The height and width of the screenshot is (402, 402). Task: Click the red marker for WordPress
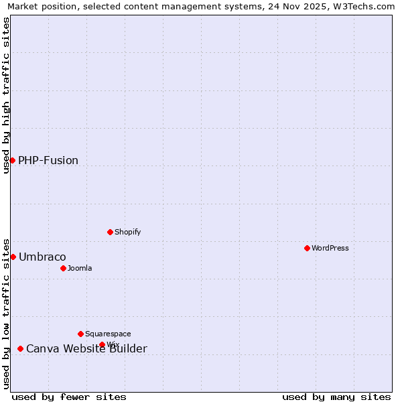[x=307, y=248]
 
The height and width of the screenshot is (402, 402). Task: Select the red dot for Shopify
[x=110, y=232]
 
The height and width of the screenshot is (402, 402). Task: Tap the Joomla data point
[x=63, y=268]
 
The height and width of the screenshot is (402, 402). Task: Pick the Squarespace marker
[x=80, y=334]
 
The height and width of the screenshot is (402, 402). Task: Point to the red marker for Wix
[x=102, y=344]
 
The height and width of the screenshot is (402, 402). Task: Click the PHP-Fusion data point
[x=12, y=160]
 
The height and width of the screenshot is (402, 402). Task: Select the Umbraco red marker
[x=13, y=257]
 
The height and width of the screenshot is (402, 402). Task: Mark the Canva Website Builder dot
[x=20, y=348]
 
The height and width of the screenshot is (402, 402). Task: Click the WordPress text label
[x=330, y=248]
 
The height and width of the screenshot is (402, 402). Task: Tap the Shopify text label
[x=127, y=232]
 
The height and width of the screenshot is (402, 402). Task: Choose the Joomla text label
[x=80, y=268]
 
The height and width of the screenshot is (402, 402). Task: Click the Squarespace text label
[x=108, y=334]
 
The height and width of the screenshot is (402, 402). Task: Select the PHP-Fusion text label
[x=48, y=160]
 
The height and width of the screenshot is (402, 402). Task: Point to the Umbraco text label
[x=42, y=257]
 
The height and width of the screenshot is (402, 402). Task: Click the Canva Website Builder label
[x=86, y=348]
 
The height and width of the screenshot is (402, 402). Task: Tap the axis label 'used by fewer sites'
[x=69, y=397]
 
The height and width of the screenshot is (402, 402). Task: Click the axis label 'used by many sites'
[x=336, y=397]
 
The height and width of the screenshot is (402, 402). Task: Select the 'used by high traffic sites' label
[x=6, y=95]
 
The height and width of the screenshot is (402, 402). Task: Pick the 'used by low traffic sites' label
[x=6, y=313]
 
